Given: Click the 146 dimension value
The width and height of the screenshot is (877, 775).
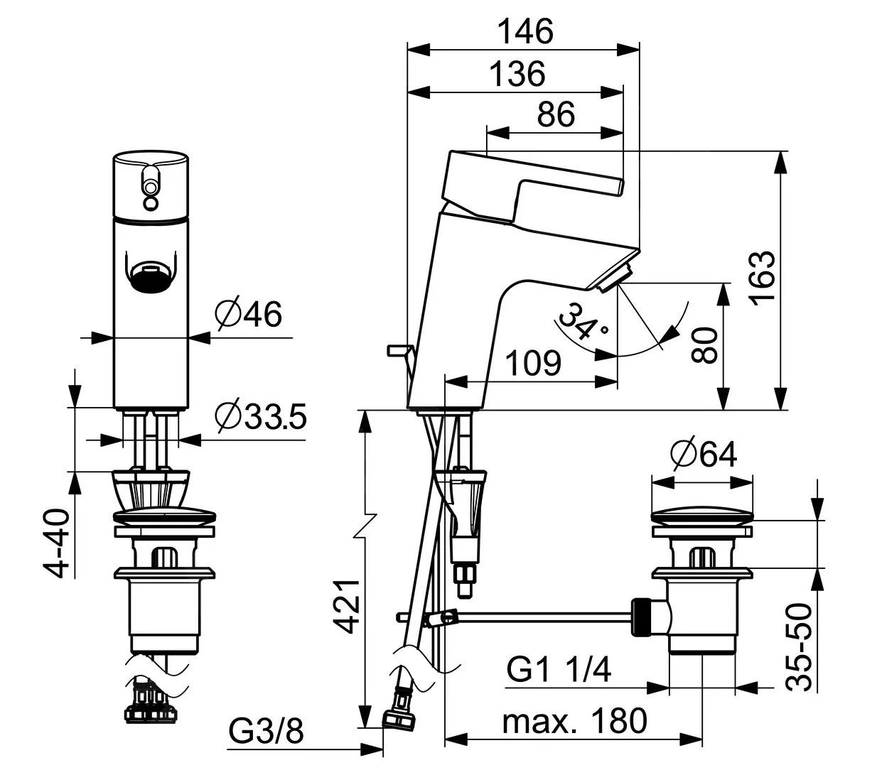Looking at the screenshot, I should [524, 31].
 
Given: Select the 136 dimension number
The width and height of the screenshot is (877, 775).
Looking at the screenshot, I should [517, 73].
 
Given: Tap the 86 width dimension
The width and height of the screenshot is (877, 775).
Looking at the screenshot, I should [556, 114].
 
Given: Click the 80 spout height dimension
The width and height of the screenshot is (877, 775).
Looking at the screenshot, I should [704, 346].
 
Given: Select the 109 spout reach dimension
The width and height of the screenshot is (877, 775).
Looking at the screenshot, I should [533, 364].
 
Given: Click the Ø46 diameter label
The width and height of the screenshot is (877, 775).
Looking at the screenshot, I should [249, 314].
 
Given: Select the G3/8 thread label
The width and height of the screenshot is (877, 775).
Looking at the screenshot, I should [267, 731].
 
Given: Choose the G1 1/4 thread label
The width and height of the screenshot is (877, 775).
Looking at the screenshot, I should [559, 669].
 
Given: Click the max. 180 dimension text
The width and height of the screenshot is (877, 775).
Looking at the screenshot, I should [574, 721].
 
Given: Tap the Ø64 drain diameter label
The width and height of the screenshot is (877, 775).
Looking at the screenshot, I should [703, 453].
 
